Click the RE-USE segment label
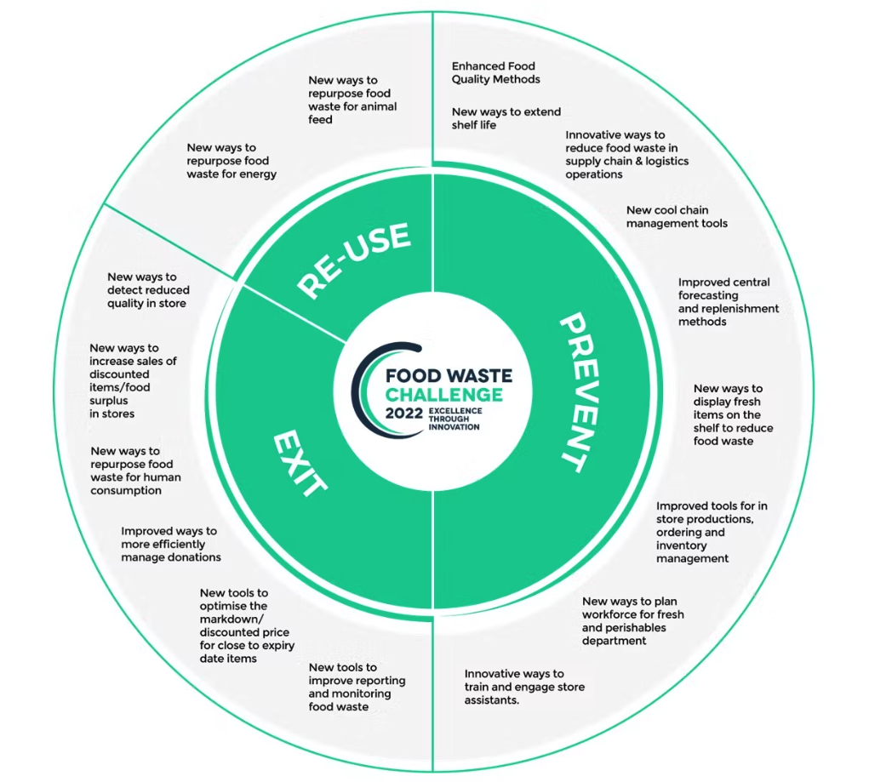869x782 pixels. point(354,260)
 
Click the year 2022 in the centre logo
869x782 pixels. point(404,414)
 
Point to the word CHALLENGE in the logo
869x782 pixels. point(443,395)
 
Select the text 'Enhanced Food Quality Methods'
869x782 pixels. point(495,72)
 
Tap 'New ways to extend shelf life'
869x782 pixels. point(506,118)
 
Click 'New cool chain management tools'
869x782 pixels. point(677,217)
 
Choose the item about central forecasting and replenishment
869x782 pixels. point(728,302)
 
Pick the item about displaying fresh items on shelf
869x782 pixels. point(733,414)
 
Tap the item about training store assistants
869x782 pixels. point(524,687)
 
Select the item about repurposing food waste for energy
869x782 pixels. point(232,161)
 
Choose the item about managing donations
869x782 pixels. point(170,544)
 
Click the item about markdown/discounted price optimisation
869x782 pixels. point(247,625)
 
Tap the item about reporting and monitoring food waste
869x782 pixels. point(357,687)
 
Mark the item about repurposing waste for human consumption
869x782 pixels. point(135,471)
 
